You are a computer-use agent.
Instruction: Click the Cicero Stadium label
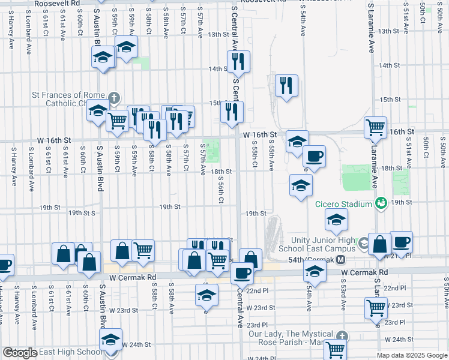[344, 205]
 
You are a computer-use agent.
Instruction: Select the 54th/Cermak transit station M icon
[341, 259]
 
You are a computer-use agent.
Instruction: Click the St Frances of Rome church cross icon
[114, 97]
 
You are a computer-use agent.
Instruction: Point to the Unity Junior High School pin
[363, 243]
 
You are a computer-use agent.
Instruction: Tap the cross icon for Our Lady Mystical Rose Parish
[342, 337]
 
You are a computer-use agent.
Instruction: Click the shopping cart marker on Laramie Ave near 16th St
[375, 127]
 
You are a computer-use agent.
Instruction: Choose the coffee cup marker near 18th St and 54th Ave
[314, 157]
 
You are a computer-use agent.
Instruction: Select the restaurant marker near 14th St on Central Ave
[238, 61]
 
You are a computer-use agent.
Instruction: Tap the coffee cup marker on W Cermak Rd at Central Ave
[242, 273]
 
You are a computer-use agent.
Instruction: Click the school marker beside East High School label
[110, 340]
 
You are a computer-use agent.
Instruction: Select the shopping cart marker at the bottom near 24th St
[336, 349]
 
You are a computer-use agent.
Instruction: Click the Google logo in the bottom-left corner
[20, 353]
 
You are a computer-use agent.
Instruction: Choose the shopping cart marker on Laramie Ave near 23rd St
[376, 308]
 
